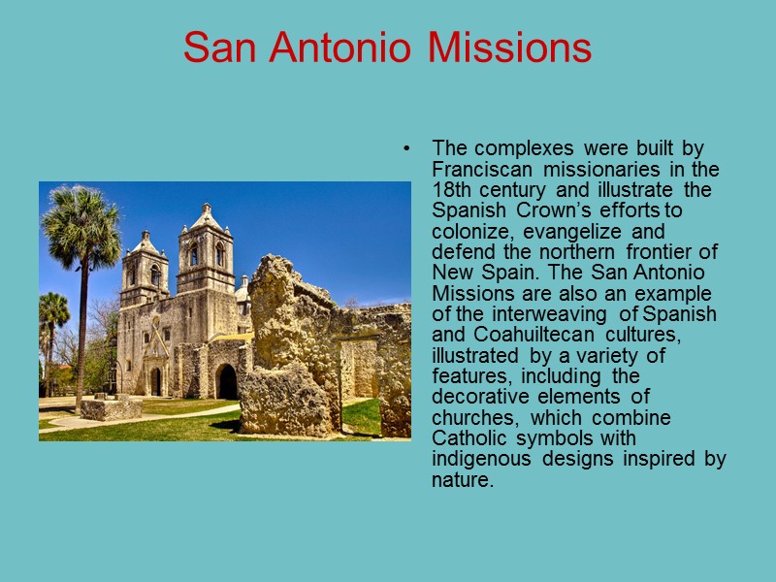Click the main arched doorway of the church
pos(155,381)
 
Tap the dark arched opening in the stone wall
pos(226,381)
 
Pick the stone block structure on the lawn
pos(111,408)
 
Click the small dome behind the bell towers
pos(242,288)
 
